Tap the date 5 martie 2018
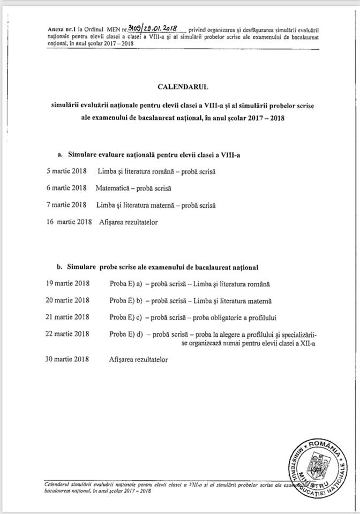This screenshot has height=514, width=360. tap(67, 172)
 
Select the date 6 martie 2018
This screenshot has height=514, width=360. tap(67, 188)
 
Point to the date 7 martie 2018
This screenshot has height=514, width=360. tap(67, 205)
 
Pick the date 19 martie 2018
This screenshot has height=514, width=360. tap(68, 283)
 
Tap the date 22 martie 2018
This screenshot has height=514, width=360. tap(68, 334)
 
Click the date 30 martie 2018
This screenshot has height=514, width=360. tap(68, 360)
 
